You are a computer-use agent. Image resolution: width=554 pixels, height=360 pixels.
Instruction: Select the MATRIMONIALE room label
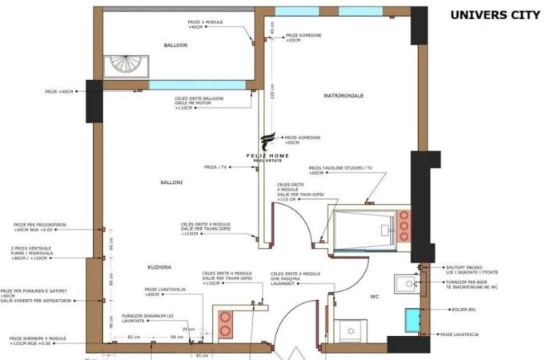(343, 95)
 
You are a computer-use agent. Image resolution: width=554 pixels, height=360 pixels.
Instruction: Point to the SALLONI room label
(171, 182)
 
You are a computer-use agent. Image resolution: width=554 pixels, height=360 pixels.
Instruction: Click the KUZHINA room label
(160, 266)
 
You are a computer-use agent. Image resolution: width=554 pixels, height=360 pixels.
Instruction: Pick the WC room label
(374, 297)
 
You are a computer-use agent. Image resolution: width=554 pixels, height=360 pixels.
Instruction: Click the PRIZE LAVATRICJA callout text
(459, 334)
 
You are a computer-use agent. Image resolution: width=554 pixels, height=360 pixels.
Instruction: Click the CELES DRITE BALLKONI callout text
(199, 103)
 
